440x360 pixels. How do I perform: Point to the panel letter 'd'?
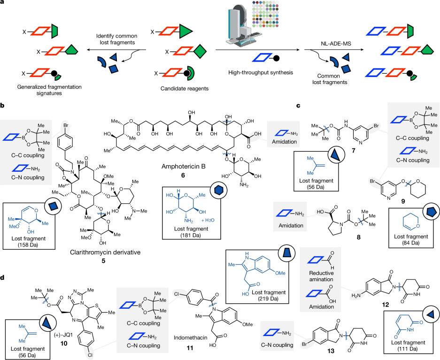3,278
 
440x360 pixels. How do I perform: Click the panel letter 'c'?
299,107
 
